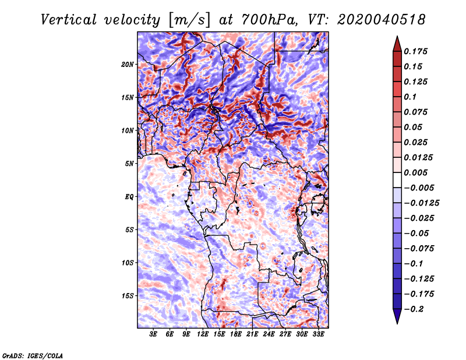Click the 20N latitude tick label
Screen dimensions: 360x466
click(128, 64)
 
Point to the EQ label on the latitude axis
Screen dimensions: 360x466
click(129, 196)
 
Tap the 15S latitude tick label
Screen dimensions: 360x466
click(128, 295)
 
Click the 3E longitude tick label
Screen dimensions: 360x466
click(154, 335)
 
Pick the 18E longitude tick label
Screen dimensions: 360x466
click(236, 335)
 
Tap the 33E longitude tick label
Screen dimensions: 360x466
click(319, 335)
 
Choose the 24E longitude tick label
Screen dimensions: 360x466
click(269, 335)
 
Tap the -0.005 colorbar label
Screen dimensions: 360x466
click(420, 188)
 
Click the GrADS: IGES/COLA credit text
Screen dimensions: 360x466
click(32, 355)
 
